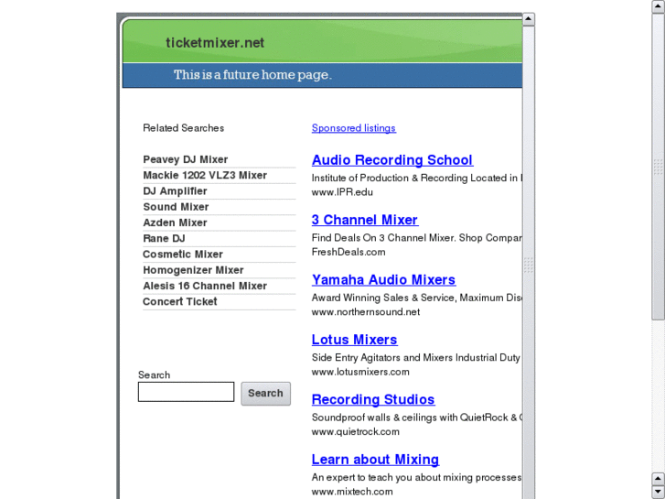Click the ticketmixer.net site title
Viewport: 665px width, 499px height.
pos(215,42)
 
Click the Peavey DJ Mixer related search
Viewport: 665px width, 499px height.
pos(186,159)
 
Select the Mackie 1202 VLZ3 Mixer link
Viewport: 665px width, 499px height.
pos(205,175)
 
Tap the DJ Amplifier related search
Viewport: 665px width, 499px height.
pos(175,191)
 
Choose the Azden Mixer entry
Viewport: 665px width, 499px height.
pos(175,222)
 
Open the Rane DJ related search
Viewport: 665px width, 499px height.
pos(164,238)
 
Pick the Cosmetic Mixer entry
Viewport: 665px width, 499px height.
pos(183,254)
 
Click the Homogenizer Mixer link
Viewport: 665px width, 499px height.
pos(193,270)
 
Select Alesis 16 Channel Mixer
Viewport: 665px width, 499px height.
pos(205,286)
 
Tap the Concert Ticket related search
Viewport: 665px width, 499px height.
pos(180,301)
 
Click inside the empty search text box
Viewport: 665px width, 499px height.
pos(186,392)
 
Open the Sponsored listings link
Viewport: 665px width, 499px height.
pos(354,128)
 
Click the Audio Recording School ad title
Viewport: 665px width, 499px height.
pos(391,160)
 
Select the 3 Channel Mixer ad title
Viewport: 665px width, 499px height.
pos(364,220)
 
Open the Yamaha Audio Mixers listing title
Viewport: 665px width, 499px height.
pos(383,280)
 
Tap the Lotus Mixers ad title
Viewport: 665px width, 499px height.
pos(354,340)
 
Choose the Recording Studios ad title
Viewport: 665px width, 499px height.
pos(373,399)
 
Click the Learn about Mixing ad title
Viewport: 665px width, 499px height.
pos(375,460)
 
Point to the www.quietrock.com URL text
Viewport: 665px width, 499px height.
pos(355,431)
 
